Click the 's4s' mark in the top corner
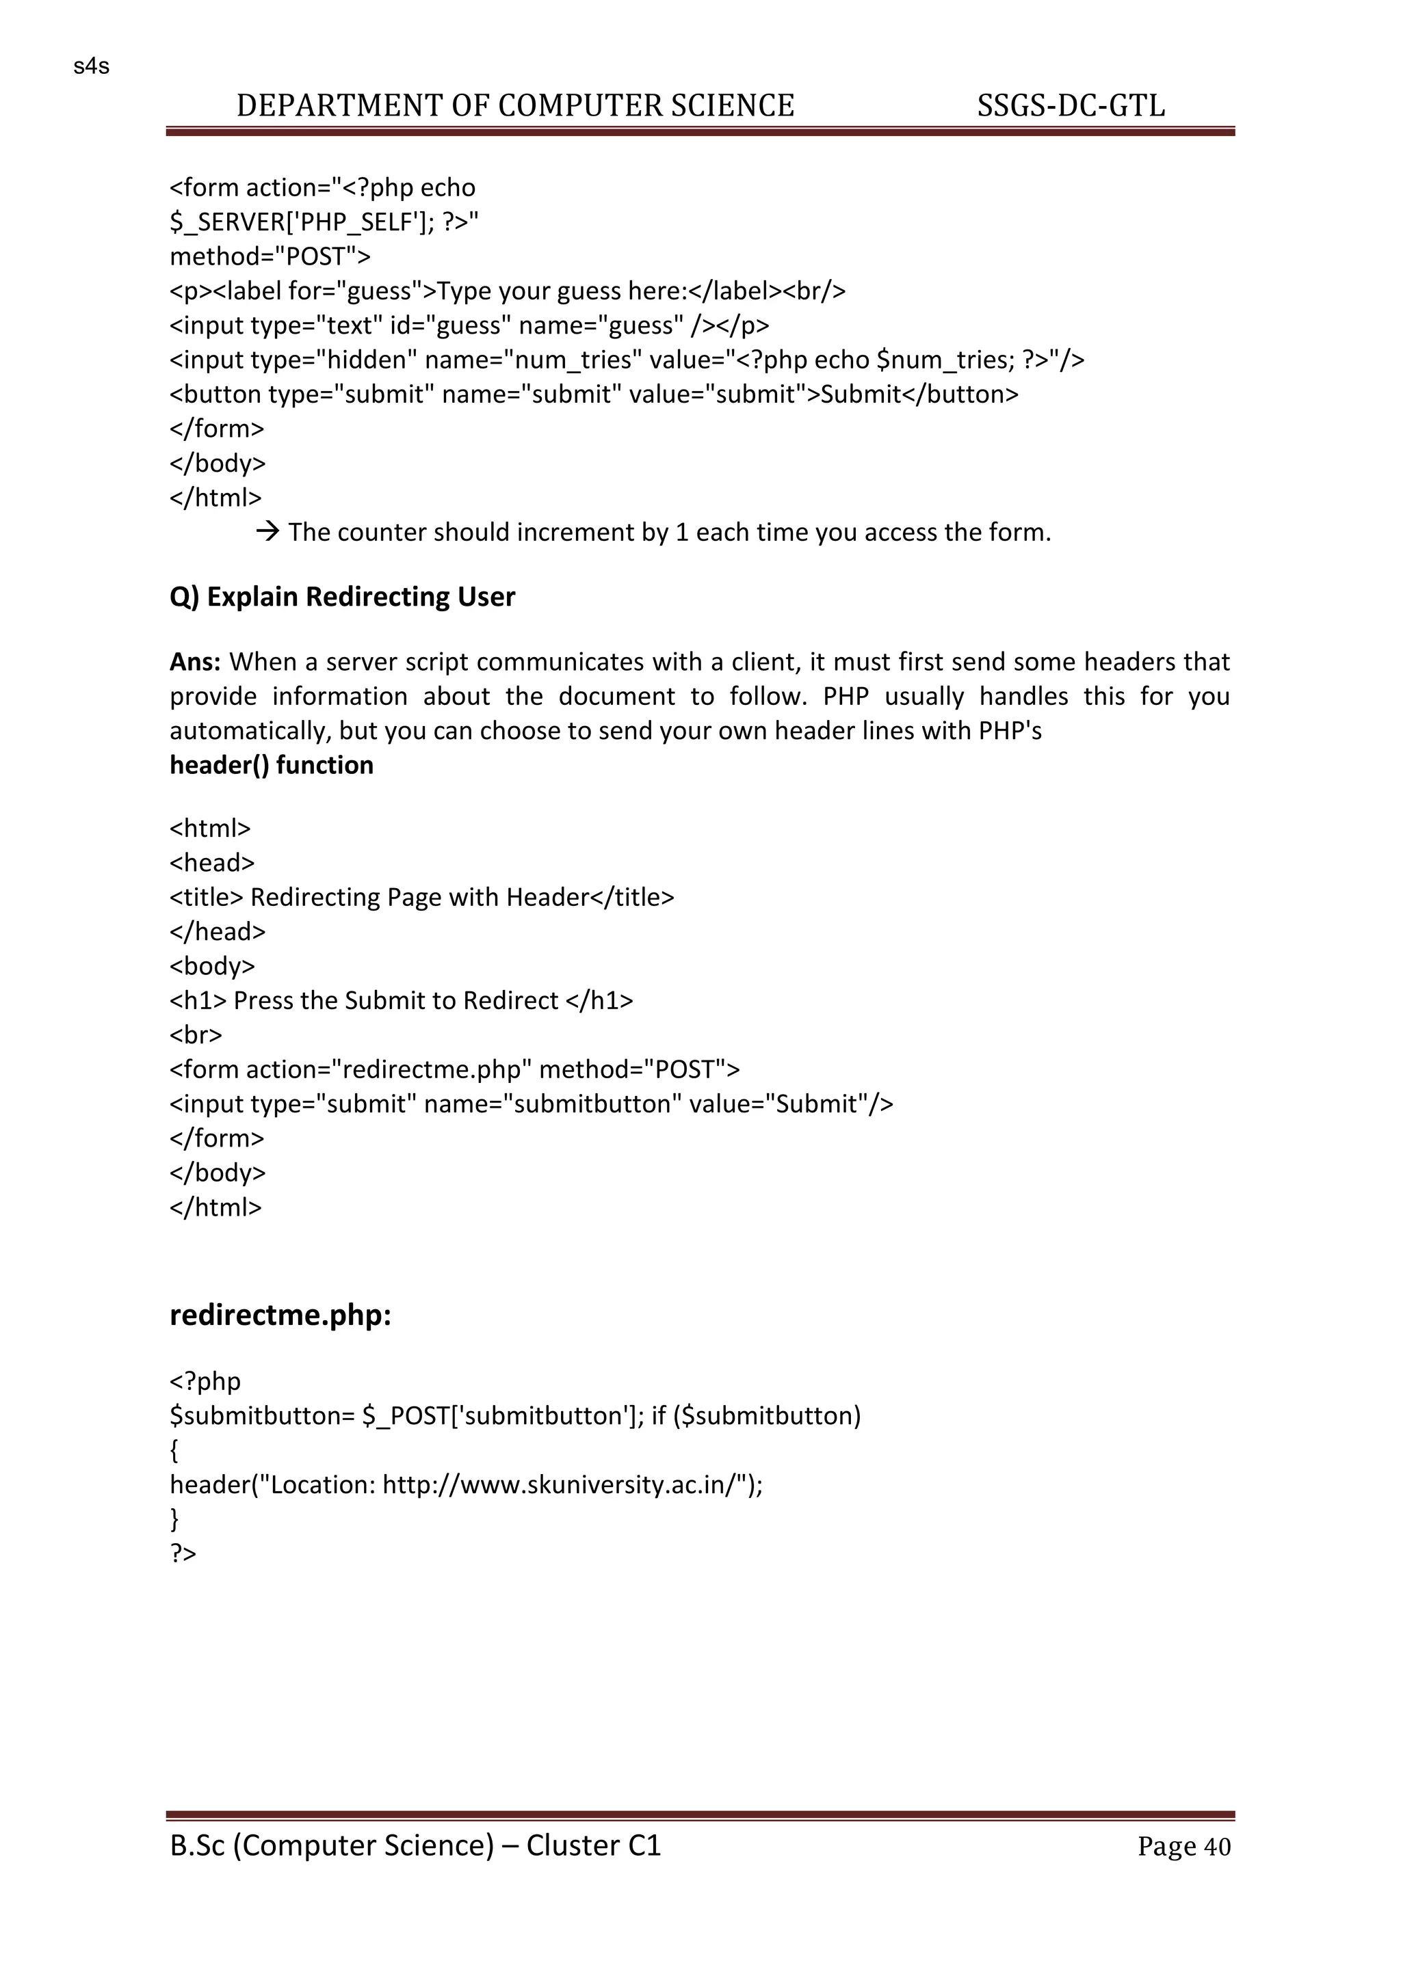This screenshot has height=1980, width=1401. (92, 66)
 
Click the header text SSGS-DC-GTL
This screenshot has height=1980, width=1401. (1071, 106)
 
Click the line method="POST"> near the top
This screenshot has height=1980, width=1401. (270, 257)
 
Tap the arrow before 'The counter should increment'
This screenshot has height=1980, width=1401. (268, 532)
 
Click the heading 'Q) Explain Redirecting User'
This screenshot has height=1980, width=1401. (343, 597)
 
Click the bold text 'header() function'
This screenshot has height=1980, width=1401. (272, 766)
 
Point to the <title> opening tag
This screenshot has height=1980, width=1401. (207, 898)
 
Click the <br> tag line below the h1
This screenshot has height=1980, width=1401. (196, 1035)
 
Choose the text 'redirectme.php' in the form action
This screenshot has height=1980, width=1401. (432, 1070)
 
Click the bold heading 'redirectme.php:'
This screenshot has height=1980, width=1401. (280, 1316)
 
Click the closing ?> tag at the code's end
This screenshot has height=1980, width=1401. (183, 1554)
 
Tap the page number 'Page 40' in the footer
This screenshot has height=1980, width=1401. (1183, 1846)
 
